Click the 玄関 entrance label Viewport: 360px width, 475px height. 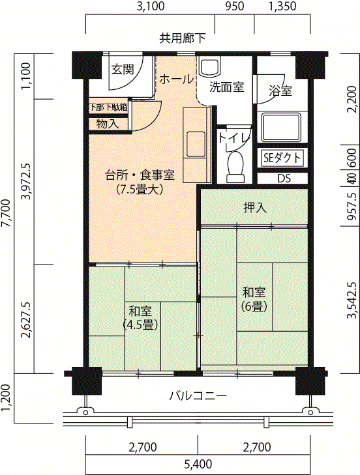click(x=123, y=69)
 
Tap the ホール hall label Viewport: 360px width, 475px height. click(x=176, y=79)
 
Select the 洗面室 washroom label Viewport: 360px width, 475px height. click(x=226, y=87)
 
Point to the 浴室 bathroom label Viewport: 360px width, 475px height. click(x=280, y=91)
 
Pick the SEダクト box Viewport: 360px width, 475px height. click(x=282, y=158)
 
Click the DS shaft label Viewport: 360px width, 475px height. click(x=284, y=178)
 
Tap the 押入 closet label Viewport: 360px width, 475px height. click(x=255, y=207)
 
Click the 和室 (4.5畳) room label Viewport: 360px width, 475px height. click(x=140, y=318)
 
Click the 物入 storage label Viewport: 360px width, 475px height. click(x=108, y=124)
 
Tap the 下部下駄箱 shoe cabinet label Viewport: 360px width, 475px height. click(x=108, y=108)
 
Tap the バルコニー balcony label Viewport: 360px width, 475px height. click(x=198, y=396)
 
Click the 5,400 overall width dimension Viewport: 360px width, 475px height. click(x=198, y=464)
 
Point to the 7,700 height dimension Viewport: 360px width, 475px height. click(x=7, y=213)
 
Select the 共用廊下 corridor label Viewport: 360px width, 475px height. click(x=183, y=38)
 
